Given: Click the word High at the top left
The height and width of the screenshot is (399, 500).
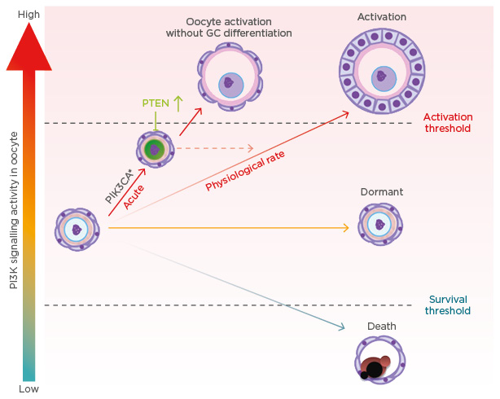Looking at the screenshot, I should click(29, 14).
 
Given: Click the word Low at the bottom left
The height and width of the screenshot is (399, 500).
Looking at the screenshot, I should click(29, 389).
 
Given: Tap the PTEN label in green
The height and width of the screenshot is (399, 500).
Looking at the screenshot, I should click(154, 104).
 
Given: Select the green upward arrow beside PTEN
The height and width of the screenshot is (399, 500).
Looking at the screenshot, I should click(178, 103).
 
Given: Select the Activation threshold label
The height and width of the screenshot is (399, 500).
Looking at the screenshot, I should click(447, 123).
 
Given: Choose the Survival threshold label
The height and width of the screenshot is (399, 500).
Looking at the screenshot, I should click(447, 305).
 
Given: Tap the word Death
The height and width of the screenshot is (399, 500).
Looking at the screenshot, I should click(381, 327).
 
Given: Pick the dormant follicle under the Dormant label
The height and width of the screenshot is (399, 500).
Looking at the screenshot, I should click(380, 225).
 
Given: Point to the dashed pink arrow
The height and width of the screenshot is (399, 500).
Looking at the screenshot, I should click(215, 148).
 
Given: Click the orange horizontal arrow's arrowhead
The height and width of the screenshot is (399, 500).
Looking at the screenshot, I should click(346, 229).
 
